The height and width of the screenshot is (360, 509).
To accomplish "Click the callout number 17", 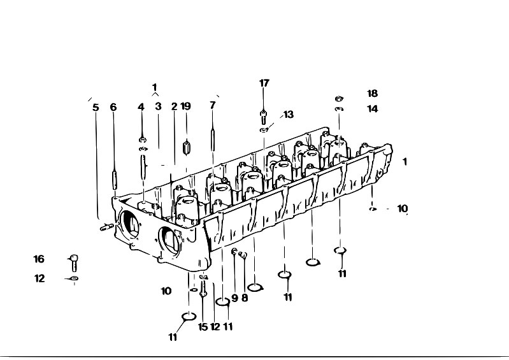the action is (x=264, y=83).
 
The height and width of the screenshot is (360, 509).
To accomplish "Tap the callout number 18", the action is (x=372, y=94).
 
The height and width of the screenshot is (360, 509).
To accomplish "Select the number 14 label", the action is (x=373, y=109).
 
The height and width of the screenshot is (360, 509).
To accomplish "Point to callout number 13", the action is (x=288, y=115).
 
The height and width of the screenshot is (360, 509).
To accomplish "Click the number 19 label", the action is (x=185, y=106).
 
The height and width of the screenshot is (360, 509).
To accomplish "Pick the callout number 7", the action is (x=213, y=105).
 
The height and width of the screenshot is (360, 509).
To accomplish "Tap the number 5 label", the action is (x=96, y=108).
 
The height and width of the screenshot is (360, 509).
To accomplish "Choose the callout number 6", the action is (x=113, y=107).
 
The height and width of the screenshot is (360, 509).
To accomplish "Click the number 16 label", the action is (x=39, y=259).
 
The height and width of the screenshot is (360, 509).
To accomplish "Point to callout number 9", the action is (x=234, y=298).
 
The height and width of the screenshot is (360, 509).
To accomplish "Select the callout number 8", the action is (x=245, y=298).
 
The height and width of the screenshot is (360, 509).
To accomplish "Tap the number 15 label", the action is (x=203, y=327).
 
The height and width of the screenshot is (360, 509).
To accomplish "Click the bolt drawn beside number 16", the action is (x=75, y=263).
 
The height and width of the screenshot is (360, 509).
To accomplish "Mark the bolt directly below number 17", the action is (x=263, y=117).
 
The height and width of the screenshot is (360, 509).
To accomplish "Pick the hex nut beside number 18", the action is (x=339, y=98).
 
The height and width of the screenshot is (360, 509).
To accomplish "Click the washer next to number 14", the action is (x=339, y=109).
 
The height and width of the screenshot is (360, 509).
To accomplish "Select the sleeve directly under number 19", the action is (x=186, y=147).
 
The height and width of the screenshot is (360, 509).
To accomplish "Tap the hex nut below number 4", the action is (x=143, y=140).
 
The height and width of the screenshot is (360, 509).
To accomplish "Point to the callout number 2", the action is (x=175, y=106).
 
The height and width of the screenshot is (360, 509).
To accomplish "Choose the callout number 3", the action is (x=158, y=106).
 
